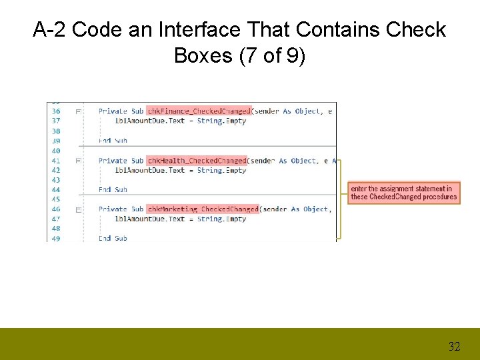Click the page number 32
pos(454,346)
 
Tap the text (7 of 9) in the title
pos(273,55)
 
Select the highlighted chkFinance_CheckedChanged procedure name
pos(199,111)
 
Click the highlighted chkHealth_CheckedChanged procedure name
pos(197,161)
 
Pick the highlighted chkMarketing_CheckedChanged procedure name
pos(203,209)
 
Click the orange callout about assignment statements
pos(404,193)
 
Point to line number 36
pos(55,111)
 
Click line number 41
pos(55,161)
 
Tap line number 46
pos(55,209)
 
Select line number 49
pos(55,238)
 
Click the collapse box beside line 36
pos(78,111)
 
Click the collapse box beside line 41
pos(78,161)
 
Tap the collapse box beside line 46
pos(78,209)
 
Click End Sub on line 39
pos(113,141)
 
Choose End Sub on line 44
pos(113,190)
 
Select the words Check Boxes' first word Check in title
pos(414,30)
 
